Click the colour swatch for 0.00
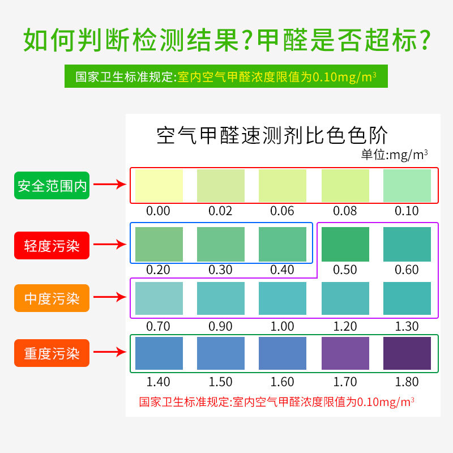click(x=159, y=185)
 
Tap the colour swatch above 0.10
click(x=407, y=185)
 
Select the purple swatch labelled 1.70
click(x=345, y=353)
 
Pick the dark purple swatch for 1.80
click(x=407, y=353)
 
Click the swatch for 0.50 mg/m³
click(x=345, y=244)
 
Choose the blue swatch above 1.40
click(x=159, y=353)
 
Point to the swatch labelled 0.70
click(x=159, y=299)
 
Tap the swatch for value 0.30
click(x=221, y=244)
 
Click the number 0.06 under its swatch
click(x=283, y=211)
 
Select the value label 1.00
click(x=283, y=327)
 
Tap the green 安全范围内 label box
click(x=52, y=185)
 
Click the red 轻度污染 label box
click(x=52, y=245)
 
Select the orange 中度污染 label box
click(x=52, y=298)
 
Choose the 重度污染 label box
click(x=52, y=353)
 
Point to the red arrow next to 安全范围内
click(x=109, y=185)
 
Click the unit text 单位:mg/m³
click(x=394, y=154)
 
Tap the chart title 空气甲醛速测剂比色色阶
click(x=272, y=136)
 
